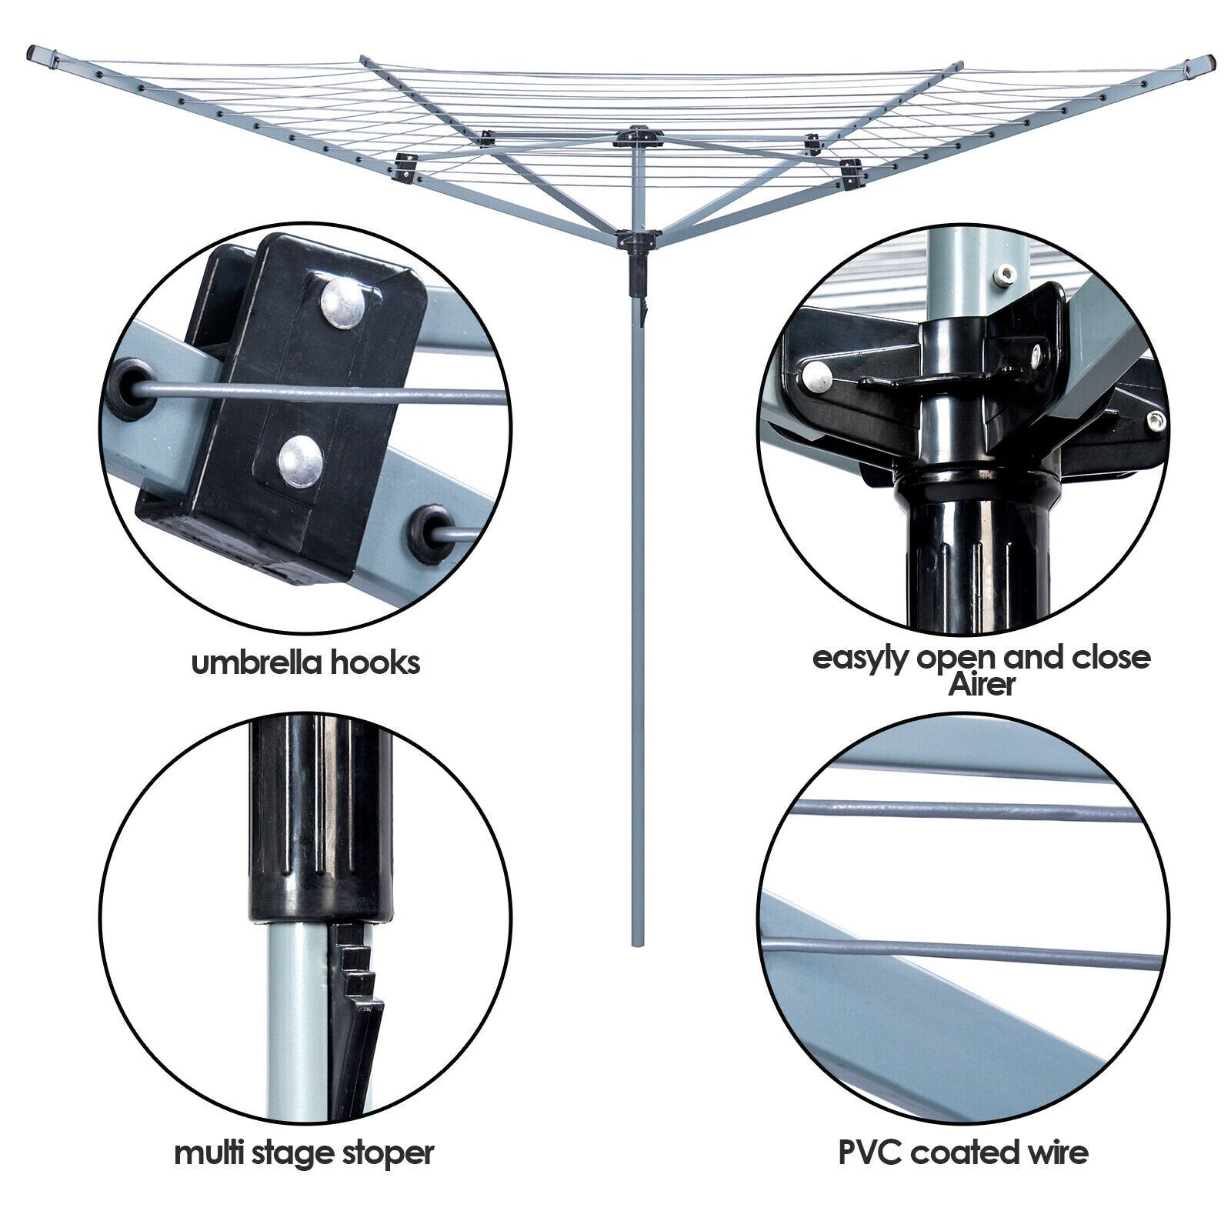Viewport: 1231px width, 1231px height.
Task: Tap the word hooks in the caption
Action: [x=375, y=662]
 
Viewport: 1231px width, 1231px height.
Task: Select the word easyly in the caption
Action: [x=857, y=659]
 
